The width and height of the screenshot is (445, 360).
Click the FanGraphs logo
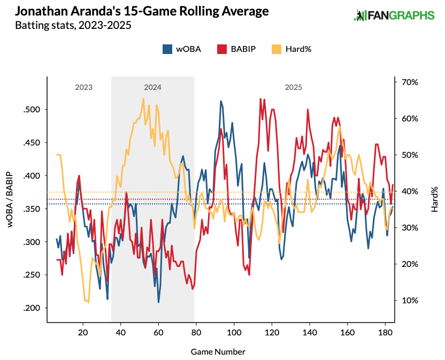(x=394, y=16)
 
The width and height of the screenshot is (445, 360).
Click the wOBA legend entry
(x=182, y=49)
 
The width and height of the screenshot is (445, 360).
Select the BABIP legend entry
(x=236, y=49)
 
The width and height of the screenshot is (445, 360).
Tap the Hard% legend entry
(x=292, y=49)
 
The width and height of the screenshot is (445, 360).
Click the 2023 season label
(x=84, y=87)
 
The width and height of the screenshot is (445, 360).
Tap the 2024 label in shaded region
(x=152, y=87)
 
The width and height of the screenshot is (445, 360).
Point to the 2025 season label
(x=293, y=87)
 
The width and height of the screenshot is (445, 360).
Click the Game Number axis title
(x=218, y=351)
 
